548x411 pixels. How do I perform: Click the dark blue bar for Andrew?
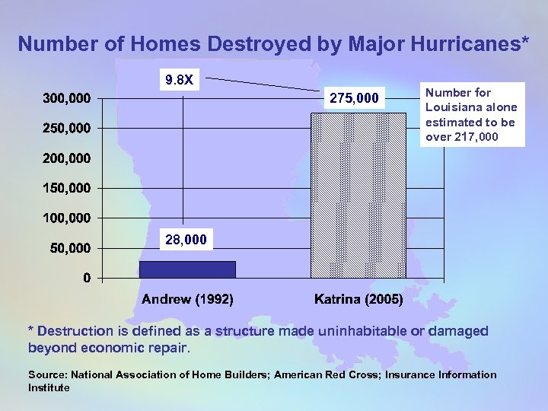click(x=187, y=269)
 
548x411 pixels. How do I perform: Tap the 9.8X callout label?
click(x=180, y=79)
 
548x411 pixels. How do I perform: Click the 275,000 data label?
click(x=353, y=97)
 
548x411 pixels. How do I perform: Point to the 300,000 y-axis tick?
click(x=66, y=98)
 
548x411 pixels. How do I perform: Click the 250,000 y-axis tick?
click(x=66, y=128)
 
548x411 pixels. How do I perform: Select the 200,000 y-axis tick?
click(x=66, y=158)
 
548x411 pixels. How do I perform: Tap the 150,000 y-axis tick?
click(x=66, y=188)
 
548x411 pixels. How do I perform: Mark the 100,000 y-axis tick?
click(x=66, y=218)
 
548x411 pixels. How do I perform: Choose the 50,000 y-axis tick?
click(x=69, y=248)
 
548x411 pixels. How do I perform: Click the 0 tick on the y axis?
click(x=88, y=278)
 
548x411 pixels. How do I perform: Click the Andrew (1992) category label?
click(x=187, y=299)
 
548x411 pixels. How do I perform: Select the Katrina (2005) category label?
click(x=358, y=299)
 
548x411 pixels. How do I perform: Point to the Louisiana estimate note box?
click(x=470, y=115)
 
